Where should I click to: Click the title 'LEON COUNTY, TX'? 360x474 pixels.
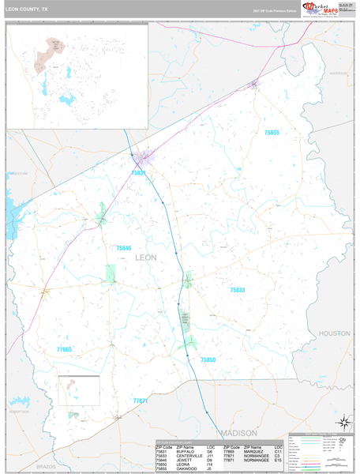(x=26, y=9)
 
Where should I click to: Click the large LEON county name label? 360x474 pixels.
(x=147, y=258)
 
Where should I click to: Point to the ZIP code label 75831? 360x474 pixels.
(x=139, y=172)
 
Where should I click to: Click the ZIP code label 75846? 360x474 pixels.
(x=124, y=248)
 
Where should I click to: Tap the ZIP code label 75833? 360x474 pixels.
(x=238, y=291)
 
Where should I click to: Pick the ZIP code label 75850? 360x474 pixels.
(x=208, y=359)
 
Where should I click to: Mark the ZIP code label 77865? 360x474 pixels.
(x=64, y=349)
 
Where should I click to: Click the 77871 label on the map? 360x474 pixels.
(x=141, y=401)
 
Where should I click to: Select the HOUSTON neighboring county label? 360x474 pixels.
(x=334, y=334)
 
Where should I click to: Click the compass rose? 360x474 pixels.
(x=342, y=420)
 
